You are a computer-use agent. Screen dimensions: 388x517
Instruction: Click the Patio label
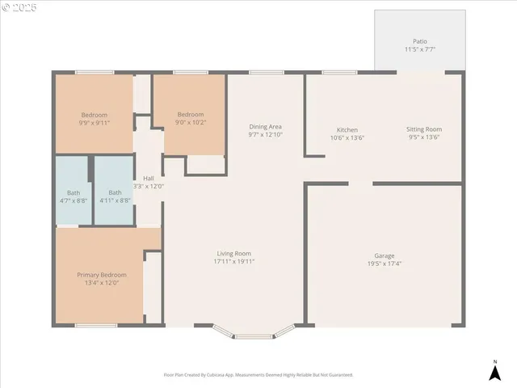pos(419,41)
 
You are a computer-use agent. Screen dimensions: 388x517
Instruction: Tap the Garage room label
pos(384,255)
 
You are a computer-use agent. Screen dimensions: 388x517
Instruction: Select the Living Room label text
pos(233,254)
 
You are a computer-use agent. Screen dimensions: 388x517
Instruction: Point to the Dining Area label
pos(265,127)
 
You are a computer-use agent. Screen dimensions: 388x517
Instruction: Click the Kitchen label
pos(347,130)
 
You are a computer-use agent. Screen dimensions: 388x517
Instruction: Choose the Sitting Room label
pos(423,129)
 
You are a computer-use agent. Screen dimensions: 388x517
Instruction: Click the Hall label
pos(149,179)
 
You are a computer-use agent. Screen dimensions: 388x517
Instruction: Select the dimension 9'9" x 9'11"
pos(94,123)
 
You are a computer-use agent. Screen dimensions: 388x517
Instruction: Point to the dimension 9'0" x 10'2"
pos(191,123)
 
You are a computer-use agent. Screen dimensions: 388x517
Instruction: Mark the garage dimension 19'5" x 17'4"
pos(384,264)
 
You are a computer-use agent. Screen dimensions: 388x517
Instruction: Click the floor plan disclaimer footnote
pos(258,375)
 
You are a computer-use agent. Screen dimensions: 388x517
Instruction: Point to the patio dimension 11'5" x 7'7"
pos(419,49)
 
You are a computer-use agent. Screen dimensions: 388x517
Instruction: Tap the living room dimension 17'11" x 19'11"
pos(233,262)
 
